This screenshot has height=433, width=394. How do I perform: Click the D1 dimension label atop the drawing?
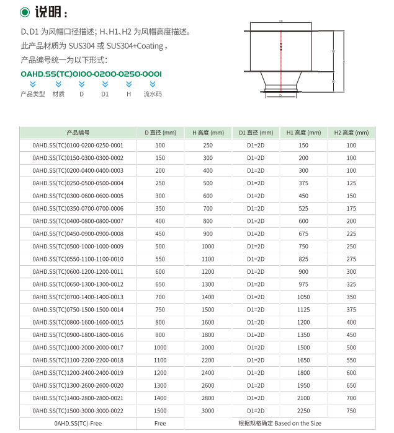pyautogui.click(x=281, y=21)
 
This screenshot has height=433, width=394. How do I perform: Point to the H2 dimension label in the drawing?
pyautogui.click(x=333, y=82)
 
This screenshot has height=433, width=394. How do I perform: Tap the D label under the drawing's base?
pyautogui.click(x=280, y=96)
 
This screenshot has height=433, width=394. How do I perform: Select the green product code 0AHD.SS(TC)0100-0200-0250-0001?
pyautogui.click(x=91, y=74)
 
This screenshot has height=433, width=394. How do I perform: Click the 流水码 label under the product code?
pyautogui.click(x=153, y=94)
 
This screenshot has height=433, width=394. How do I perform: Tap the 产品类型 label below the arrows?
pyautogui.click(x=33, y=94)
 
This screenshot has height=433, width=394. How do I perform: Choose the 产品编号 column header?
pyautogui.click(x=78, y=133)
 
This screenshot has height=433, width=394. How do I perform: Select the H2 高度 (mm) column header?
pyautogui.click(x=351, y=133)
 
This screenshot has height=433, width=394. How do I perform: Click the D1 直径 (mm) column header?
pyautogui.click(x=256, y=133)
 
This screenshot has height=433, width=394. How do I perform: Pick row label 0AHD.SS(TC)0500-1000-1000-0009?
pyautogui.click(x=78, y=246)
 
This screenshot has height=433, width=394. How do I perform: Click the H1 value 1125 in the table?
pyautogui.click(x=303, y=309)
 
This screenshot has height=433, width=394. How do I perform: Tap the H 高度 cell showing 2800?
pyautogui.click(x=208, y=398)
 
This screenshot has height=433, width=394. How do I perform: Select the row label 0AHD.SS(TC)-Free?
pyautogui.click(x=78, y=424)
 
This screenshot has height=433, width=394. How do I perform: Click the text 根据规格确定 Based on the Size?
pyautogui.click(x=279, y=424)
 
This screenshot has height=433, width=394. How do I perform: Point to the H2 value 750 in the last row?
pyautogui.click(x=351, y=411)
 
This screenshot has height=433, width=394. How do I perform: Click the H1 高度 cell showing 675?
pyautogui.click(x=303, y=234)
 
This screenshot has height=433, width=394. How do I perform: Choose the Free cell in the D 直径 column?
pyautogui.click(x=160, y=424)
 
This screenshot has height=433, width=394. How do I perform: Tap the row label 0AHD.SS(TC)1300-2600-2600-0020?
pyautogui.click(x=78, y=385)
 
